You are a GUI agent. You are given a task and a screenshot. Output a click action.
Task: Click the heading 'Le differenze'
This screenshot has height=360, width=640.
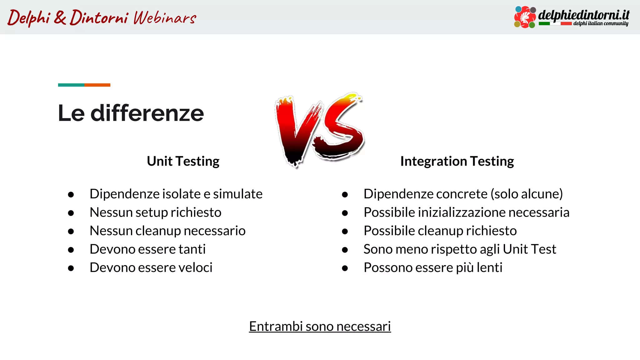tap(131, 113)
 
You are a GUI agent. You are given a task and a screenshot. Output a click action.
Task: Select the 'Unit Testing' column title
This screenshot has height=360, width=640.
tap(183, 161)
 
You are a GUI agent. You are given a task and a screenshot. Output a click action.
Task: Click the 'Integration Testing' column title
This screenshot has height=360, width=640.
tap(457, 161)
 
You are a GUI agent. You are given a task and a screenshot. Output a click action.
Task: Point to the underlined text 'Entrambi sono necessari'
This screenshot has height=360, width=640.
tap(320, 326)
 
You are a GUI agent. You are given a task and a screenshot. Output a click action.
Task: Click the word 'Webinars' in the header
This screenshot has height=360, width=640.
tap(165, 17)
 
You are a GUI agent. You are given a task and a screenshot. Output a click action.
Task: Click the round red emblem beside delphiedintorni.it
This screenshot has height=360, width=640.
tap(525, 17)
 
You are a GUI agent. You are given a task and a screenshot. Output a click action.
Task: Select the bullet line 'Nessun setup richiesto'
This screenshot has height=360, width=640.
tap(155, 212)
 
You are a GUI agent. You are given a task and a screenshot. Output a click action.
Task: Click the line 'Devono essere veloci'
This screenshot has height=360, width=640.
tap(151, 268)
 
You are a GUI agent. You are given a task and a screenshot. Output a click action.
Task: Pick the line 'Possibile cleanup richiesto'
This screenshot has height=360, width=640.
tap(440, 231)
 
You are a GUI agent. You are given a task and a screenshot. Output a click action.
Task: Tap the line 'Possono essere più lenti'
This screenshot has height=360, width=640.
tap(433, 268)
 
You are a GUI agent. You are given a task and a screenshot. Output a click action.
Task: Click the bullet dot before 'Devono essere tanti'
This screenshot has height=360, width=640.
tap(71, 250)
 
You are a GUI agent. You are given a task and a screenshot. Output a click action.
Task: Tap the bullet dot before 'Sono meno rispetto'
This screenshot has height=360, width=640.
tap(345, 250)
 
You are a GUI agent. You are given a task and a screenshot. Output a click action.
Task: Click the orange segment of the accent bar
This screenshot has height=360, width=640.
tap(97, 85)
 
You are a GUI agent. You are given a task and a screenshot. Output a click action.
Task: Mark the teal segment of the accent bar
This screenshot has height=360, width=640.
tap(71, 85)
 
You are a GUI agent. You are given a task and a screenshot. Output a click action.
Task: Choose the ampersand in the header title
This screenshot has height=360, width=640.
tap(60, 17)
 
